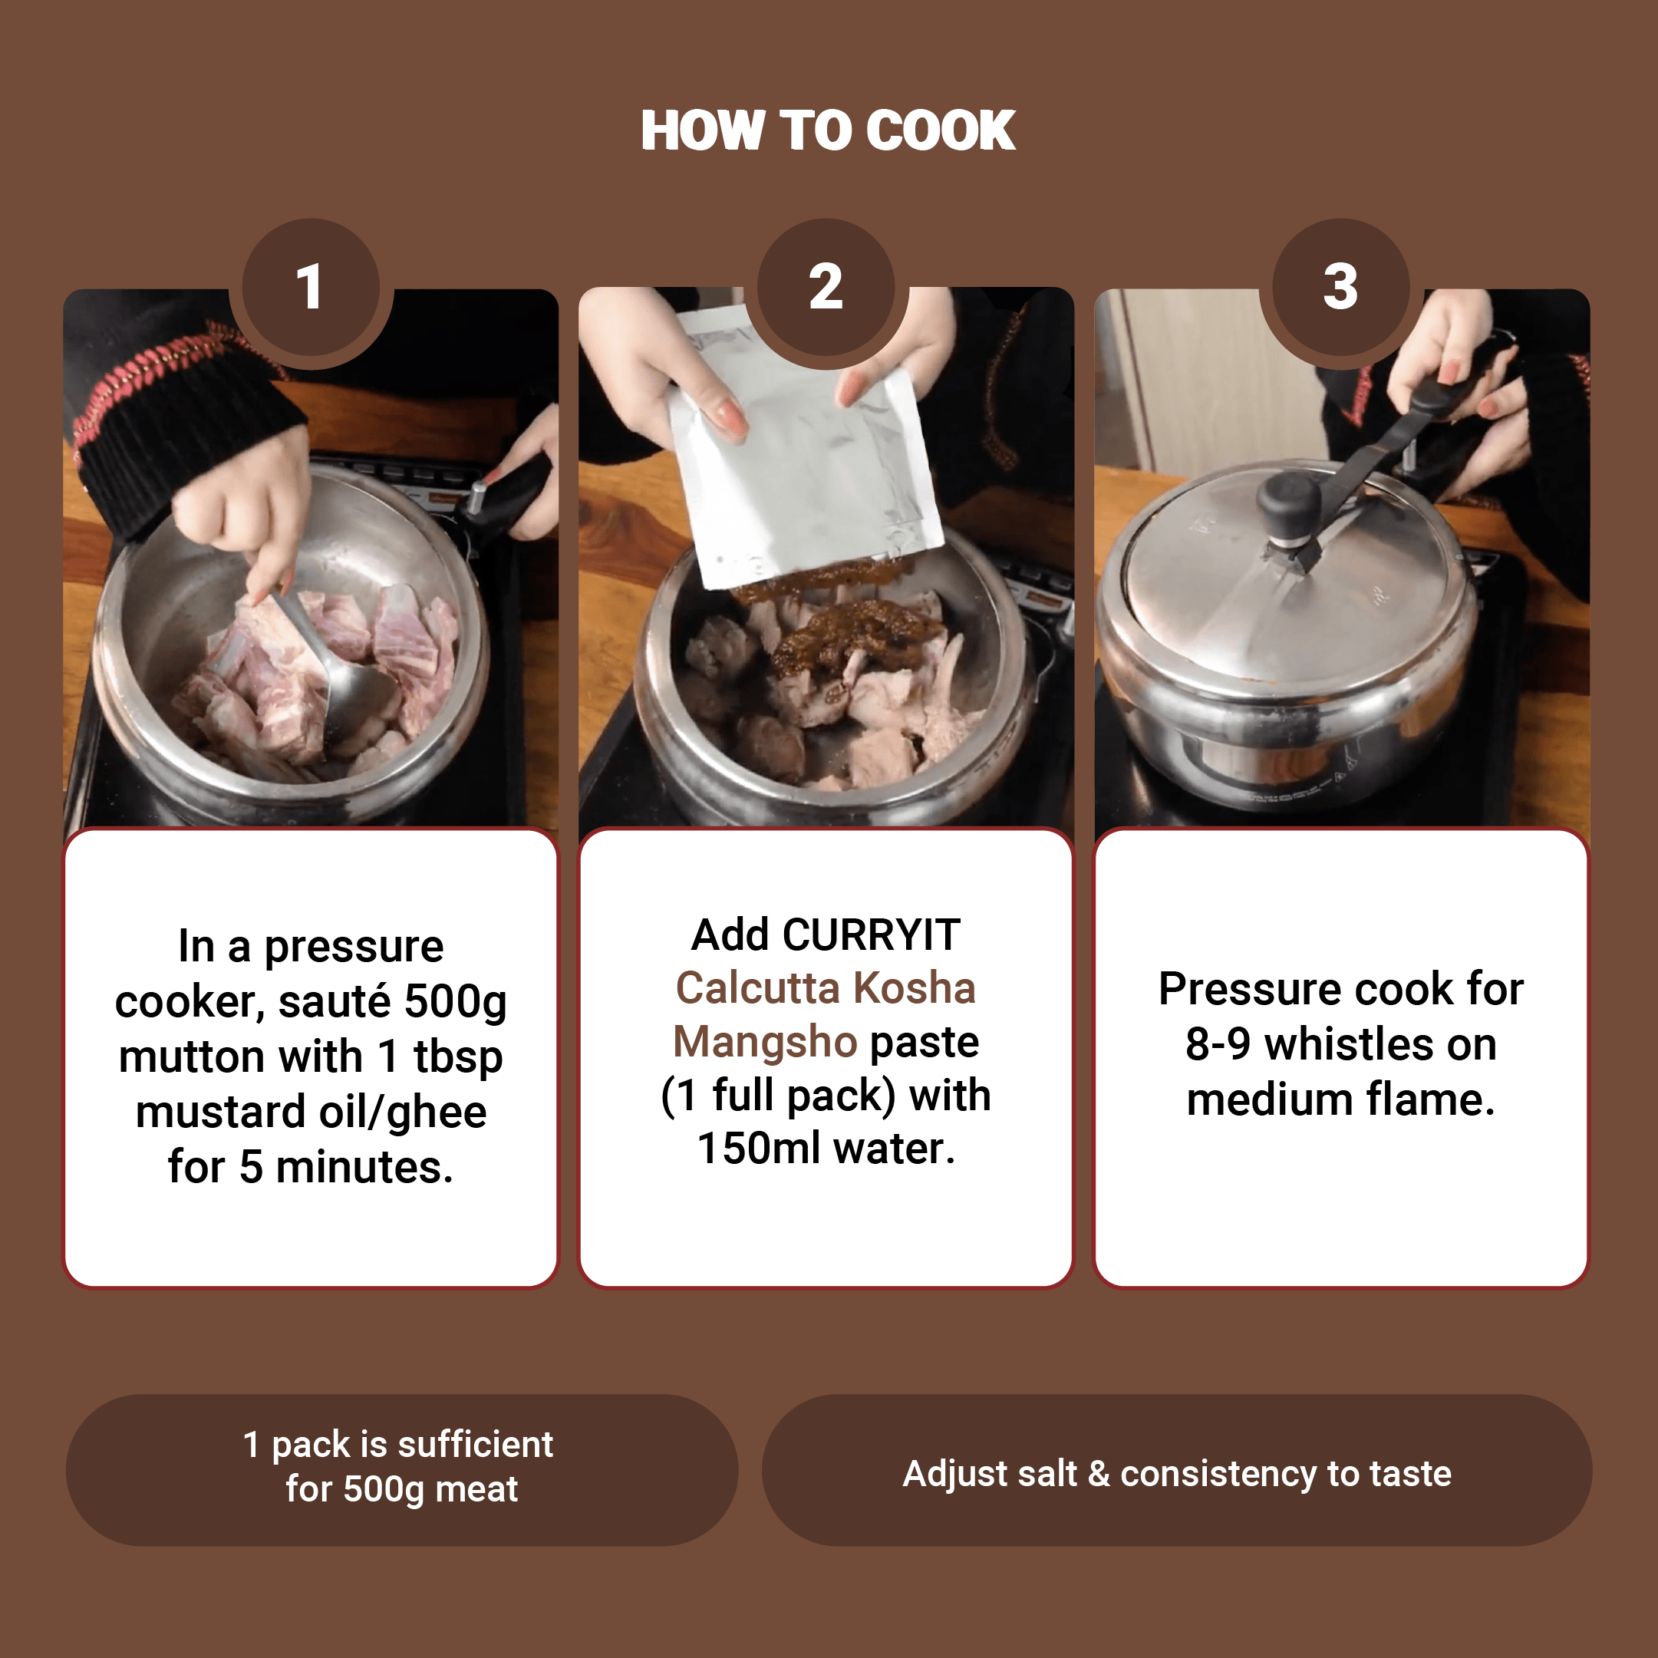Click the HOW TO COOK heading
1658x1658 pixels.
pyautogui.click(x=828, y=130)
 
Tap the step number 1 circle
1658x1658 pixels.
pyautogui.click(x=311, y=287)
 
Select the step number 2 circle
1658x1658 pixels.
pyautogui.click(x=826, y=287)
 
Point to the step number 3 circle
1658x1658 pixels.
pyautogui.click(x=1340, y=287)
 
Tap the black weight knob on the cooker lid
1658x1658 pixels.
pyautogui.click(x=1289, y=506)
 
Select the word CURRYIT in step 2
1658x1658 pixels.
pyautogui.click(x=871, y=934)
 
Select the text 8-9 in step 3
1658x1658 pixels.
pyautogui.click(x=1218, y=1044)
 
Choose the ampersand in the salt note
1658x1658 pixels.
pyautogui.click(x=1099, y=1475)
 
